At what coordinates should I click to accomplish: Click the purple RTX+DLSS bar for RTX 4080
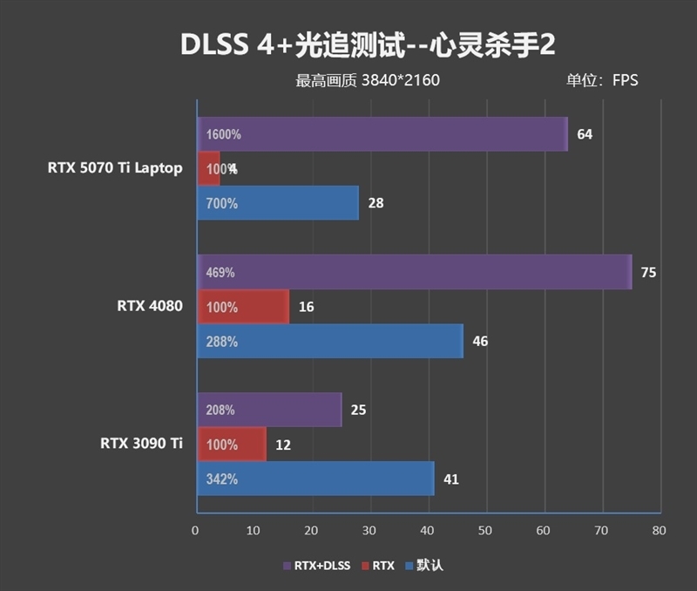click(414, 272)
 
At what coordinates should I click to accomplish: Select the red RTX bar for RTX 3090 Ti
click(231, 445)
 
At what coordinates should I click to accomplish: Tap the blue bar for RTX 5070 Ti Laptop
click(277, 203)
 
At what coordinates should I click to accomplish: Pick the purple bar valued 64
click(382, 134)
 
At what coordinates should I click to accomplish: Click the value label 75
click(647, 273)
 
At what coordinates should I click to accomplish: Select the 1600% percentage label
click(224, 135)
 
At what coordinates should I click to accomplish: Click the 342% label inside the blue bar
click(222, 479)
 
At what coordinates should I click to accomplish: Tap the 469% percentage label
click(220, 273)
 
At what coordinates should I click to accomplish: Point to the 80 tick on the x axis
click(659, 530)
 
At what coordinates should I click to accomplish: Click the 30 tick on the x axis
click(369, 530)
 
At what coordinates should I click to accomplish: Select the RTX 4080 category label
click(149, 306)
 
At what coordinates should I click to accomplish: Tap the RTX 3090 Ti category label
click(141, 444)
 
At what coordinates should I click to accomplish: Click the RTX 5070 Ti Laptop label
click(115, 168)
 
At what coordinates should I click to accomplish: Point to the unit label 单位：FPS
click(602, 81)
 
